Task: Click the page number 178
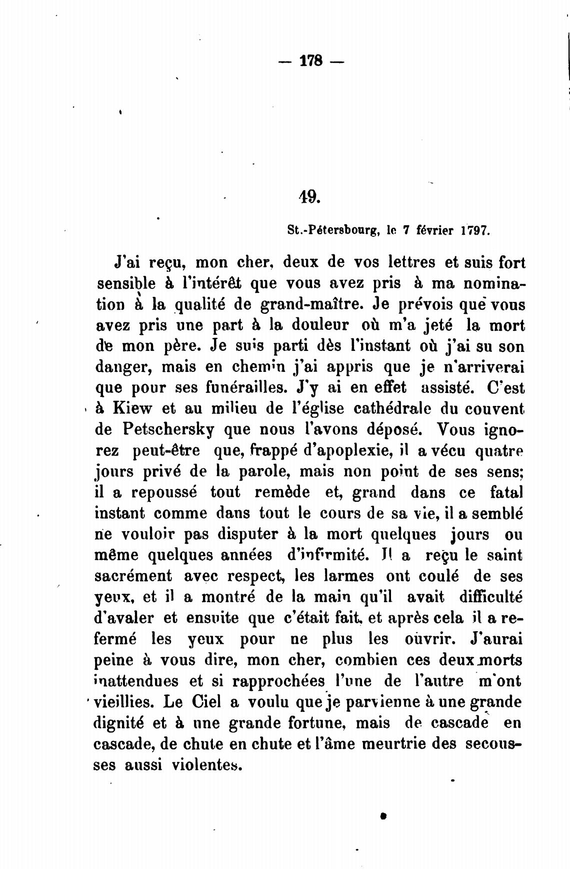(x=311, y=62)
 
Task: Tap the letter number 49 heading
(x=308, y=197)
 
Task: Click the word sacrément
(x=133, y=576)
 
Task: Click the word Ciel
(x=206, y=702)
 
